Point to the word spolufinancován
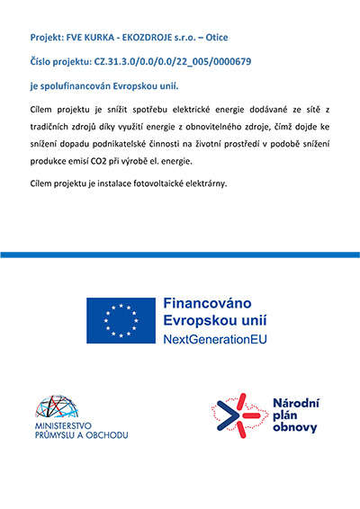pyautogui.click(x=78, y=86)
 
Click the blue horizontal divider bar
pyautogui.click(x=180, y=254)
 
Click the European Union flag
pyautogui.click(x=120, y=320)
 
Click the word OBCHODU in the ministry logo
pyautogui.click(x=105, y=435)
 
